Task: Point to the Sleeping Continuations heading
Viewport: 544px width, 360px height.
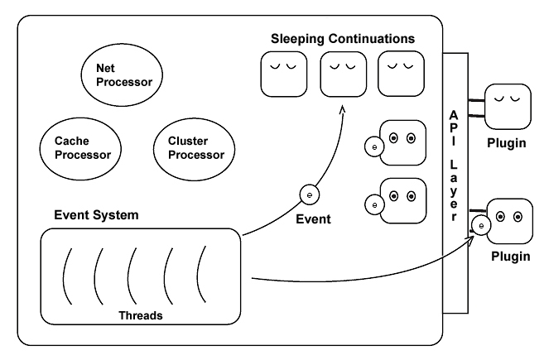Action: point(343,39)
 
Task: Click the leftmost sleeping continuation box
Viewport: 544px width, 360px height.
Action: point(284,74)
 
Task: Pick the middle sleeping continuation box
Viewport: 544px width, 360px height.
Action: point(343,74)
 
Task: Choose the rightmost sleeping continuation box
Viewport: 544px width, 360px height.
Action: point(401,74)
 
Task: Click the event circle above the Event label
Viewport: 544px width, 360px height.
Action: point(309,195)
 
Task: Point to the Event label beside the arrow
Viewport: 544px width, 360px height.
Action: point(312,220)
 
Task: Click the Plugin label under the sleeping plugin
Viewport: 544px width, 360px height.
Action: point(506,143)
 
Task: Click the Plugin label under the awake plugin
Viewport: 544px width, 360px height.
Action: point(509,257)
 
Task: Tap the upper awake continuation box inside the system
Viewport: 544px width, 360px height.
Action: point(402,143)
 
